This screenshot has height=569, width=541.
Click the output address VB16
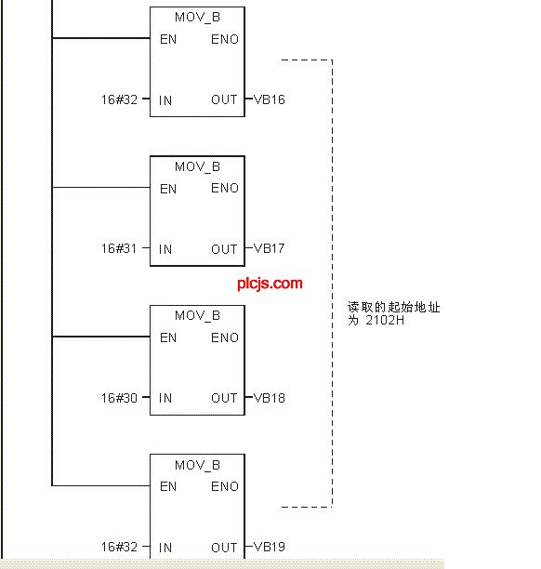[270, 99]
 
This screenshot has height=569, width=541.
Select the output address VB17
[270, 248]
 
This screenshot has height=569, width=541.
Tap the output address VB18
[270, 398]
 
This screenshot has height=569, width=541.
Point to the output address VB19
[270, 547]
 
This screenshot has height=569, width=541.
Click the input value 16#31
[119, 248]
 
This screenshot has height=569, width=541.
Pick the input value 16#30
[119, 398]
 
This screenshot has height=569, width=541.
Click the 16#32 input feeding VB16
[119, 99]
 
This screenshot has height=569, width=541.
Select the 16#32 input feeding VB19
[119, 547]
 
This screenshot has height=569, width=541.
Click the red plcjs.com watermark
[270, 284]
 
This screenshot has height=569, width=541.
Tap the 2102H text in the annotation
[385, 321]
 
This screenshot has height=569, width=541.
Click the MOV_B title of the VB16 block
[197, 18]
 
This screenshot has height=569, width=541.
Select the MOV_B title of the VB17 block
[197, 167]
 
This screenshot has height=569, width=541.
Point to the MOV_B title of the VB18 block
[197, 316]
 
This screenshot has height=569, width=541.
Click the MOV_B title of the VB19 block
[197, 465]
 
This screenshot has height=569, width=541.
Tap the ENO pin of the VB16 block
[225, 39]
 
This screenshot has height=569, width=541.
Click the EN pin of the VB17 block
[168, 189]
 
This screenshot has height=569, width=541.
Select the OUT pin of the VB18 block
[224, 398]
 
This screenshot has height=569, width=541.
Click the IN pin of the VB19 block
[165, 548]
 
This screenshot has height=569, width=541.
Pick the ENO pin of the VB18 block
[225, 337]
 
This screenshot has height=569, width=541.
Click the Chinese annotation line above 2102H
[394, 308]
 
